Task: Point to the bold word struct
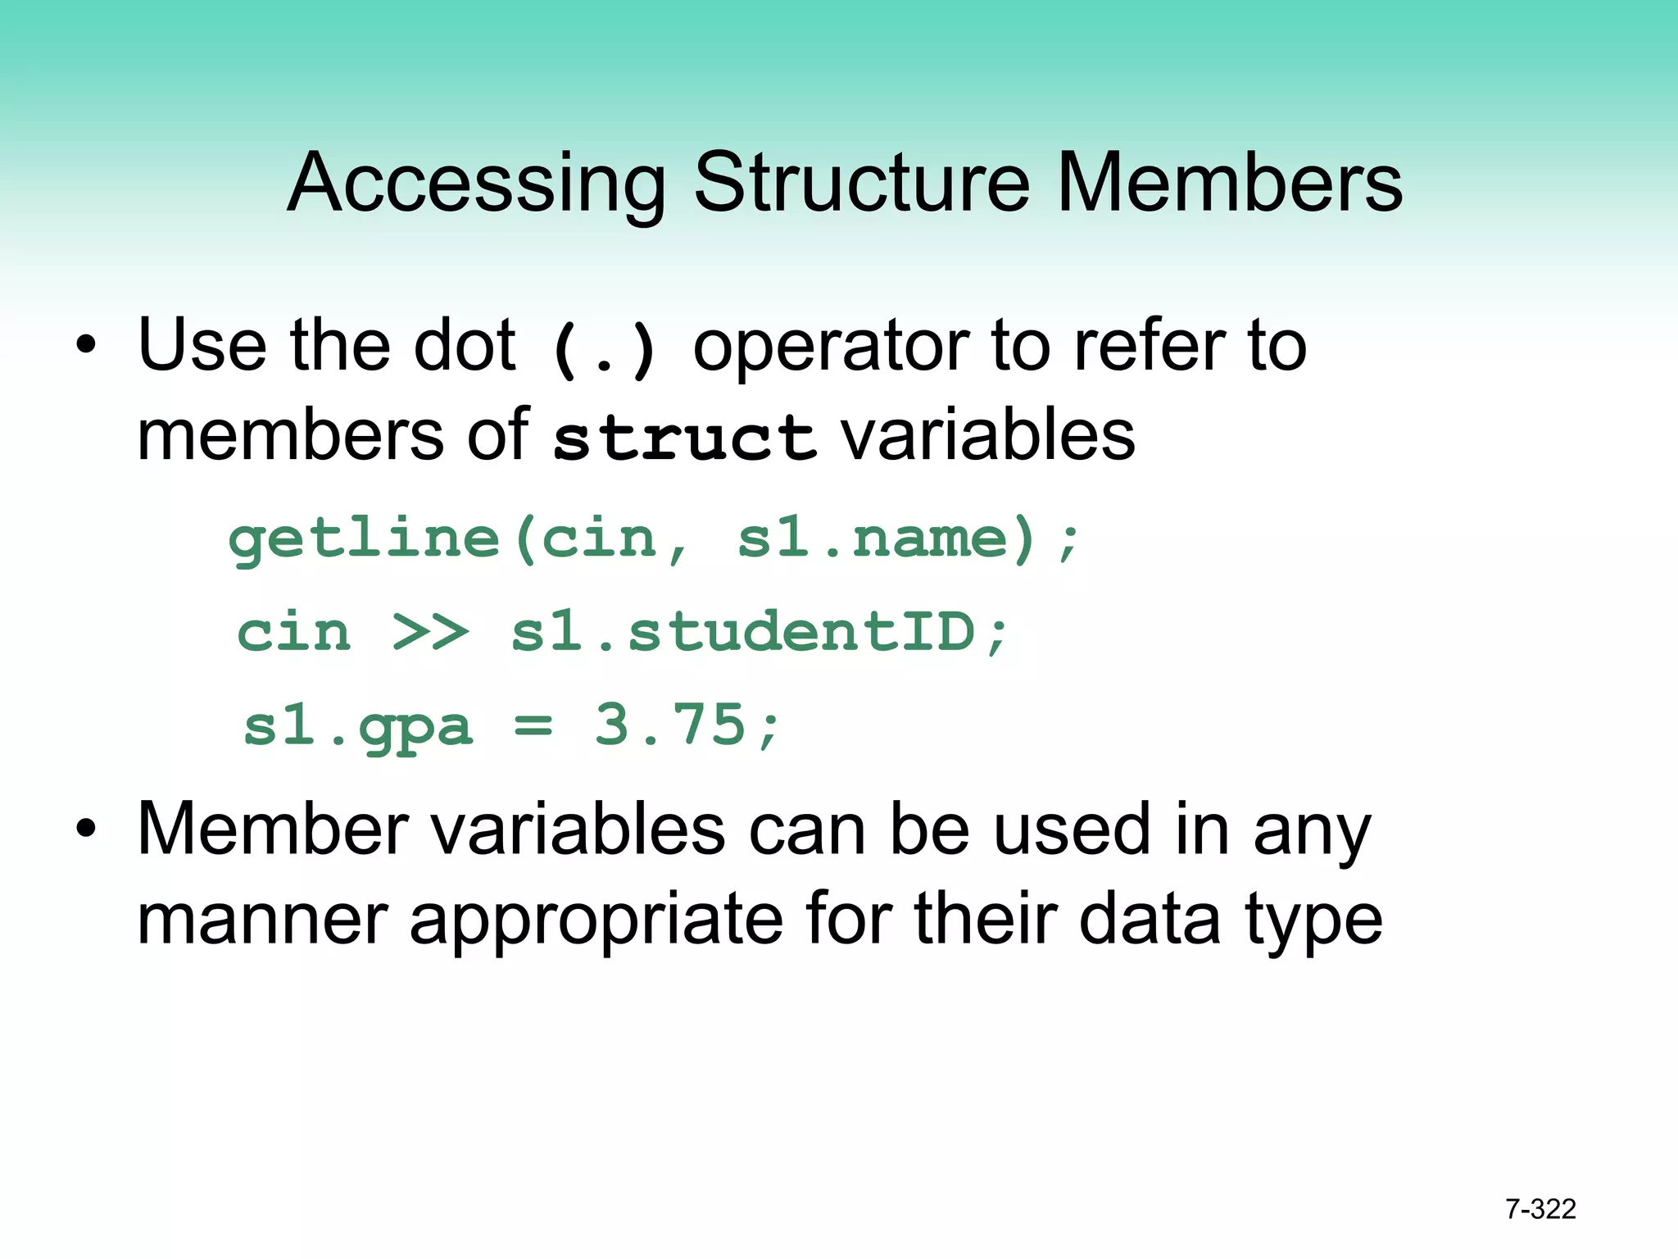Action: (684, 436)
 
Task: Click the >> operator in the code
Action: (431, 632)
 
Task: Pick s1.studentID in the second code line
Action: (742, 632)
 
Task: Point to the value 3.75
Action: (670, 725)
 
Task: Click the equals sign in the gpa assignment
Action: (533, 726)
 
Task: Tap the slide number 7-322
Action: (1540, 1209)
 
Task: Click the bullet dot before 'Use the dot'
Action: (86, 345)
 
